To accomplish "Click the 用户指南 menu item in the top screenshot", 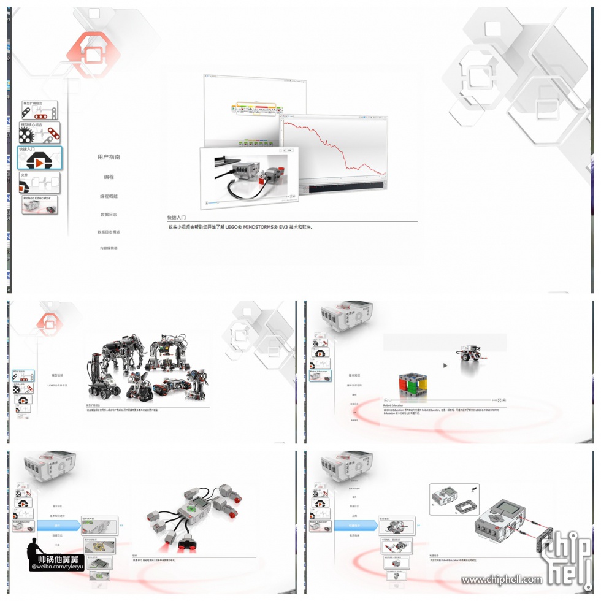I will tap(109, 157).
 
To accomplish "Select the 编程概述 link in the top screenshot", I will tap(109, 196).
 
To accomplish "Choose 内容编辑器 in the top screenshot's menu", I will tap(109, 248).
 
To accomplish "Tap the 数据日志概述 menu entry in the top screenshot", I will tap(109, 232).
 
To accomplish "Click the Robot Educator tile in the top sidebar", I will tap(40, 205).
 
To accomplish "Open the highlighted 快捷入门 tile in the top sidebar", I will tap(40, 158).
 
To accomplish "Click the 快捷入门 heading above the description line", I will tap(177, 217).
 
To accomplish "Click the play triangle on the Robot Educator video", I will tap(445, 366).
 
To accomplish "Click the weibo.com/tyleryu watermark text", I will tap(55, 567).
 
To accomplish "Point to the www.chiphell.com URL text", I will tap(502, 580).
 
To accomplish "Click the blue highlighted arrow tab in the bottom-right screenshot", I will tap(354, 525).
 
